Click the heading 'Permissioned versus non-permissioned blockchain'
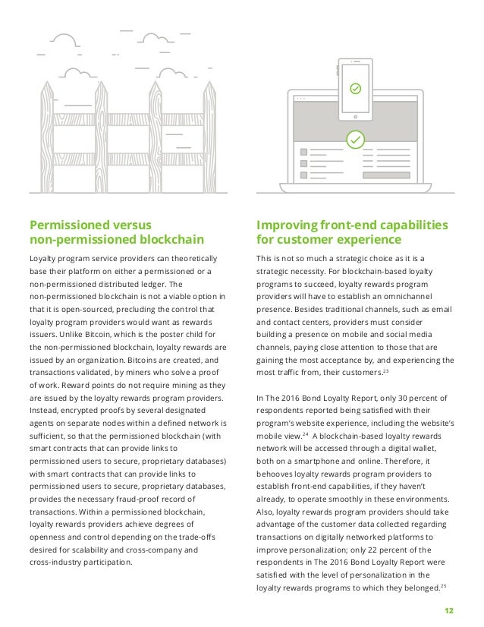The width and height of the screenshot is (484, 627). coord(116,233)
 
